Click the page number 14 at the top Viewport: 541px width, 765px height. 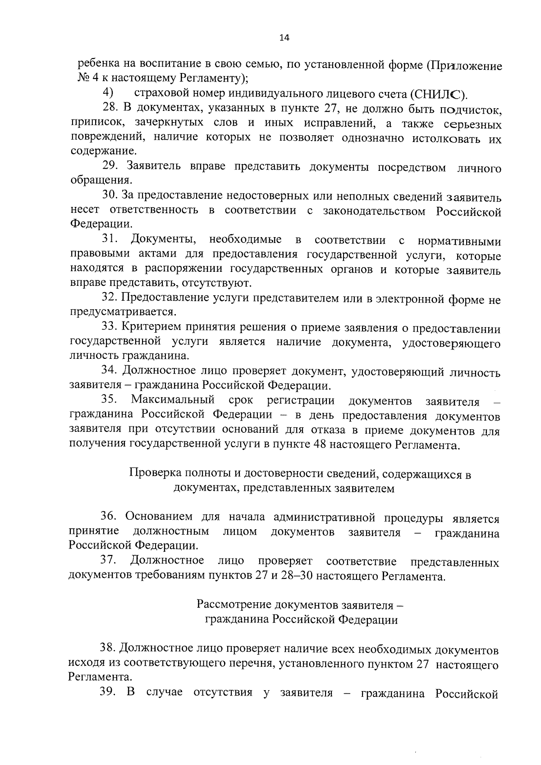click(x=284, y=38)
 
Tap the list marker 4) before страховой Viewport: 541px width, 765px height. click(x=108, y=93)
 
